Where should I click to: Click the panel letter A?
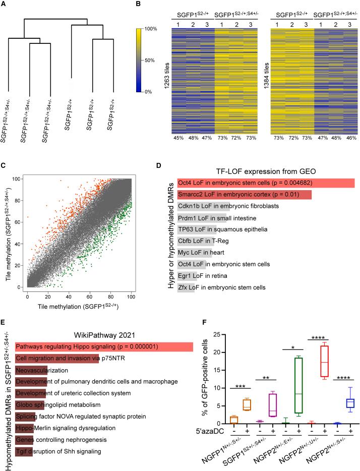5,5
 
